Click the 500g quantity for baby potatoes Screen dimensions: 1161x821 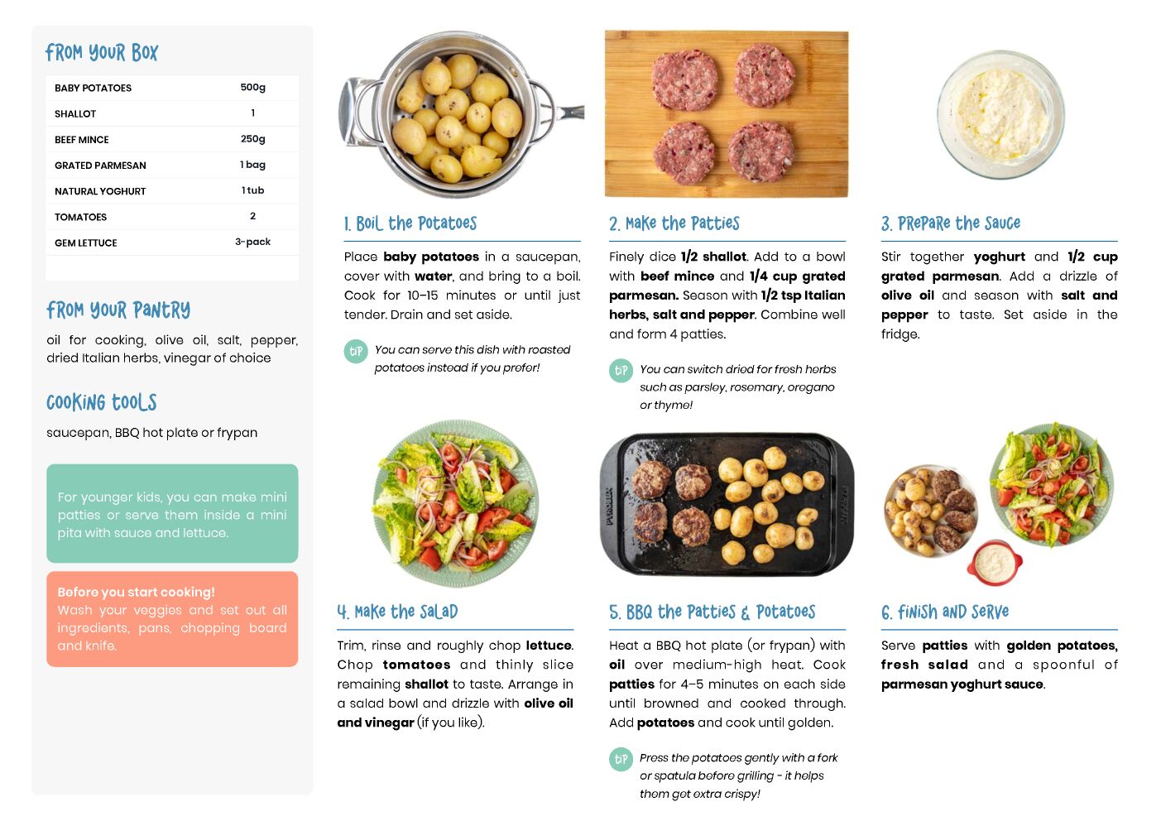click(x=252, y=87)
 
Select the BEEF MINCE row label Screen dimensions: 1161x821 click(x=81, y=139)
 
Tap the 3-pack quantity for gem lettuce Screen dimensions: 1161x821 click(x=252, y=242)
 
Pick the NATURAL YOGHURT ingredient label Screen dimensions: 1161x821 click(x=100, y=191)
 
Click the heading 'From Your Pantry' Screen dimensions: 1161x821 click(x=118, y=310)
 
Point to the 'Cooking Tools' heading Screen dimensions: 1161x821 click(x=102, y=402)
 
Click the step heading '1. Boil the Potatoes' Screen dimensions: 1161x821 click(x=410, y=223)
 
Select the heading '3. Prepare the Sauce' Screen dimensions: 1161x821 click(x=951, y=223)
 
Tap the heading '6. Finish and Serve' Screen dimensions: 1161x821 click(x=945, y=612)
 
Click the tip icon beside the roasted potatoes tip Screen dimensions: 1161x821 click(x=356, y=352)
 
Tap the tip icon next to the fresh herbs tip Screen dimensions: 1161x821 click(x=621, y=371)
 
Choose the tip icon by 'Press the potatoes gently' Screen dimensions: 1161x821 click(x=621, y=759)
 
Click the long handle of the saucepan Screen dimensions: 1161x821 click(x=569, y=112)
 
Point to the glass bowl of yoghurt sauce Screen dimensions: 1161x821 click(x=1000, y=114)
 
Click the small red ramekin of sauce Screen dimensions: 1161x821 click(x=994, y=563)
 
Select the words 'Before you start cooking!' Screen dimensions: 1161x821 click(x=136, y=592)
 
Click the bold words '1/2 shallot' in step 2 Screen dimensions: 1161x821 click(x=713, y=257)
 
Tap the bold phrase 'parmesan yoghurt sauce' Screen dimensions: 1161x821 click(x=962, y=684)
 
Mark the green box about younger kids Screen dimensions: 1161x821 click(x=172, y=513)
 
